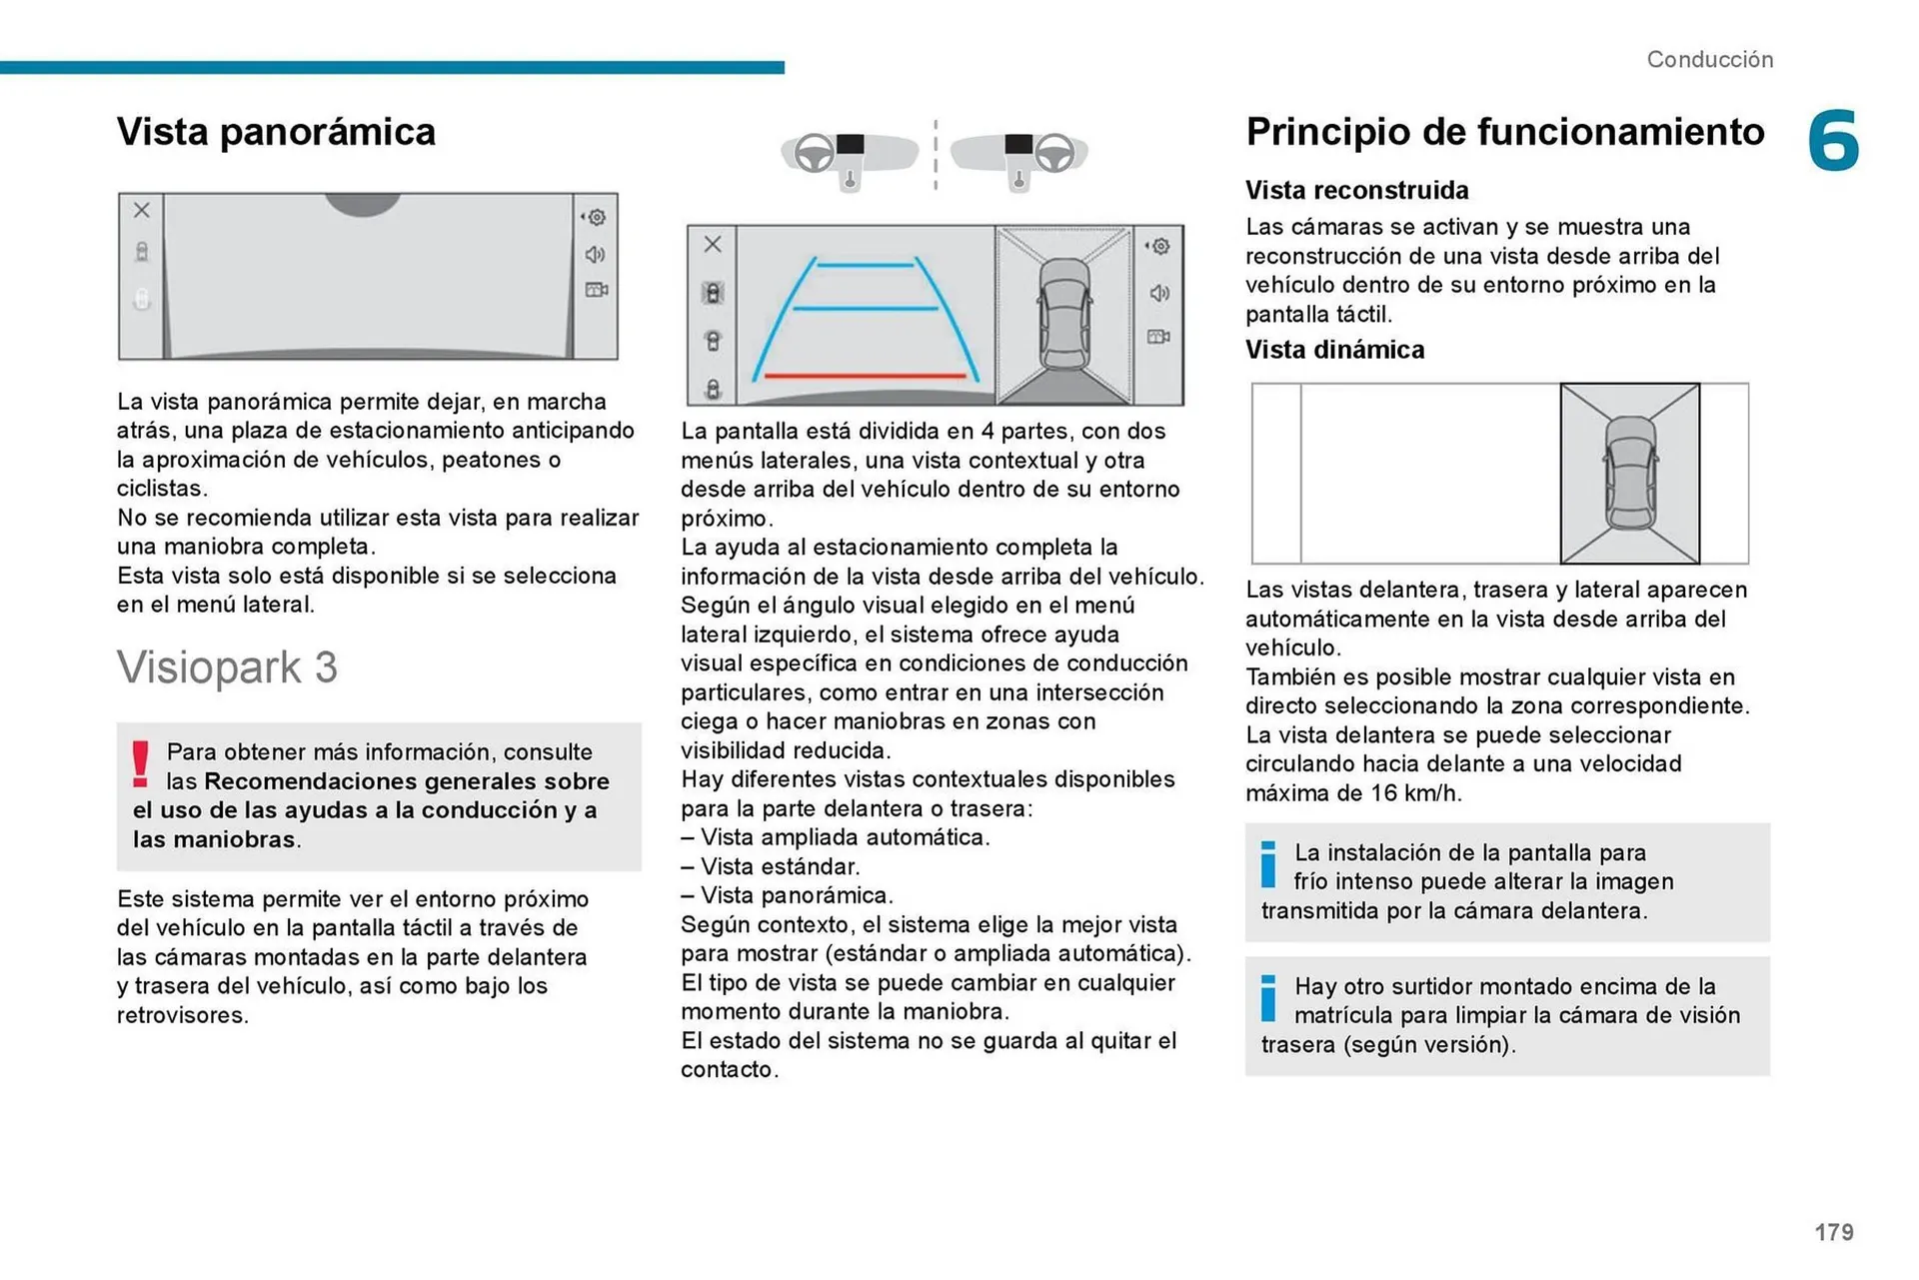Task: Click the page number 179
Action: click(1833, 1232)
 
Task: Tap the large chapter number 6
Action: click(1833, 141)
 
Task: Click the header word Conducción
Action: click(1709, 60)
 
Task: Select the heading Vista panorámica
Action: click(276, 132)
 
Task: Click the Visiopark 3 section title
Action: click(227, 667)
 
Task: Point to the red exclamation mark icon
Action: click(141, 764)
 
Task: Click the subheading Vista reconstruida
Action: click(1356, 190)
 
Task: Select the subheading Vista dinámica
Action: click(1334, 350)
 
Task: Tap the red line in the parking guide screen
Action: click(865, 377)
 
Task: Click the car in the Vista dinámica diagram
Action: click(1629, 473)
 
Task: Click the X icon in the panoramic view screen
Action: click(142, 210)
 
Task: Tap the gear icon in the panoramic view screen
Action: click(597, 217)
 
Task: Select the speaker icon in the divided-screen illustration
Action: click(1159, 293)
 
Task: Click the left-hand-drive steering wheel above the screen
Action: click(814, 153)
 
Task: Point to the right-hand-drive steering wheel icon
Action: click(1054, 153)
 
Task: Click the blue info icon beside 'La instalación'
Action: click(1267, 864)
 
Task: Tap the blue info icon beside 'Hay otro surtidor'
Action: click(1267, 998)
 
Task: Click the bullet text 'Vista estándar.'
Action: click(780, 866)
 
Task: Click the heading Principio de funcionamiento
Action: click(1504, 132)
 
